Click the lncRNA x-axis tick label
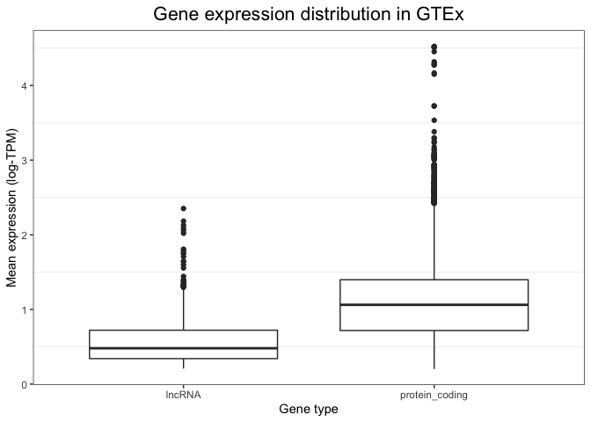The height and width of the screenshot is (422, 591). point(183,396)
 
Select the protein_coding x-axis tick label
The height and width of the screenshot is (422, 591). point(434,396)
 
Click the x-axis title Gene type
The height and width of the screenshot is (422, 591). point(308,410)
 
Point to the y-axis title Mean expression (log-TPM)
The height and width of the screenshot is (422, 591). point(12,207)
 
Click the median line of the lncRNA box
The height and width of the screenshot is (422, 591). point(183,348)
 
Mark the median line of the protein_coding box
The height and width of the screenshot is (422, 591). point(434,305)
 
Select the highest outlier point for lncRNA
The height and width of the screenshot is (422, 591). point(183,208)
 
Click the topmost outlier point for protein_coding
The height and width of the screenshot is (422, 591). point(434,47)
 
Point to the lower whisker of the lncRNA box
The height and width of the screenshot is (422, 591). point(183,363)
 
